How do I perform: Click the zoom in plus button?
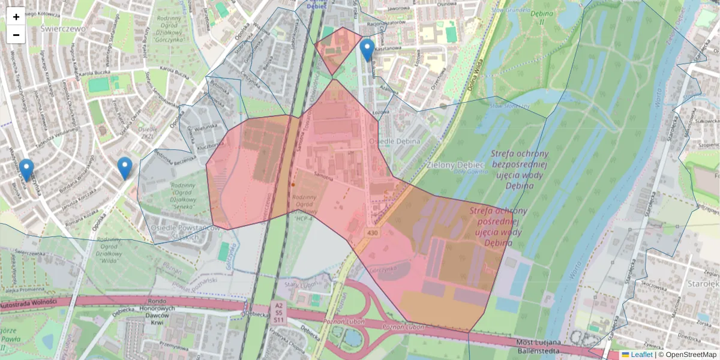click(x=16, y=16)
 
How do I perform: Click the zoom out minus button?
click(x=16, y=35)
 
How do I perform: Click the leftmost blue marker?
click(x=26, y=170)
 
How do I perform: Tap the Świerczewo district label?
click(x=63, y=28)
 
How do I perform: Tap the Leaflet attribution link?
click(x=641, y=355)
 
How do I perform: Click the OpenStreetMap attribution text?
click(x=687, y=355)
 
